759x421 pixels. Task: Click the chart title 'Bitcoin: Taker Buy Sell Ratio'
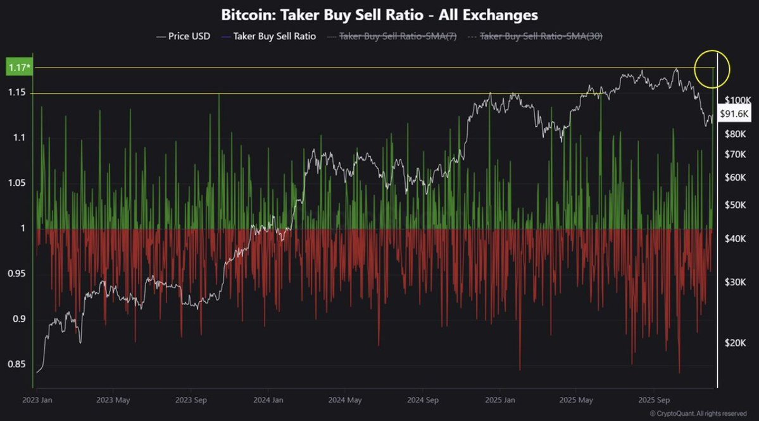379,14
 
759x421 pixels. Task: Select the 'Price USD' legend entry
183,37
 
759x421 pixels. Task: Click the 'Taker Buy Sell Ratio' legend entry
269,37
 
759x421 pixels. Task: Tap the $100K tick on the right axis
737,100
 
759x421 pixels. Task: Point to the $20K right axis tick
736,343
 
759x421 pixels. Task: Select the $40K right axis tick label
736,238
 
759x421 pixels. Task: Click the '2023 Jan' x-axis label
37,400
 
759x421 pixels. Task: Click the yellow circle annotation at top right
713,66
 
